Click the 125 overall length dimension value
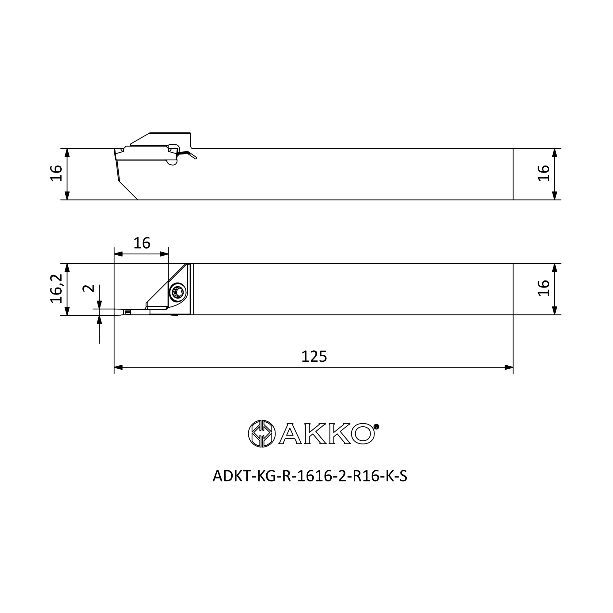click(x=314, y=357)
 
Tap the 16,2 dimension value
click(x=56, y=289)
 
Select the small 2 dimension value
click(x=89, y=288)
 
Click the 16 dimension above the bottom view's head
click(x=142, y=243)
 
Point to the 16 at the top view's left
click(x=56, y=173)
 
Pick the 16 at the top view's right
click(x=543, y=173)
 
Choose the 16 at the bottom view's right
click(x=543, y=288)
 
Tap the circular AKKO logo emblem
click(x=262, y=433)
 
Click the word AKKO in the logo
click(x=327, y=434)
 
